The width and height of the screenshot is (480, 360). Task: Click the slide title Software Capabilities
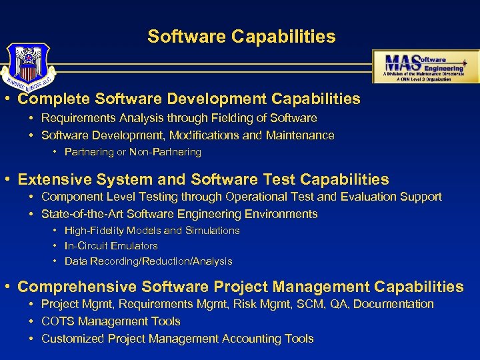241,36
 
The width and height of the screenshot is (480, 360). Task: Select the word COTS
58,321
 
